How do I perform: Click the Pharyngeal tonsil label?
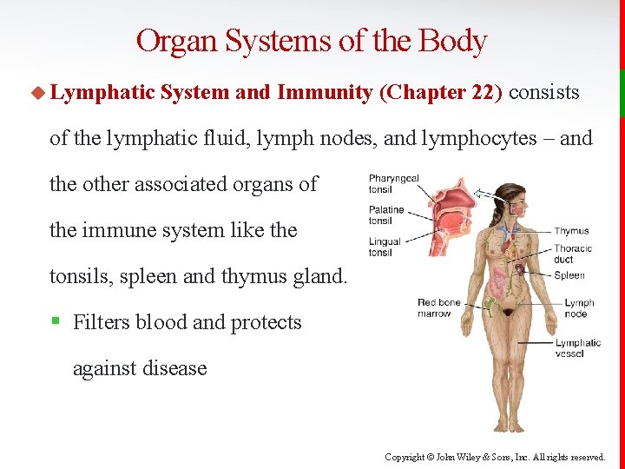click(393, 183)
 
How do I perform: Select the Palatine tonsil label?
click(386, 215)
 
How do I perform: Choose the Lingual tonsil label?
click(385, 247)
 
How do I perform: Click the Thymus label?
click(571, 231)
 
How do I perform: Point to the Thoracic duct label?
click(573, 254)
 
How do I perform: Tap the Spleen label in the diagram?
click(569, 275)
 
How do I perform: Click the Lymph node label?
click(578, 308)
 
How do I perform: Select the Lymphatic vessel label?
click(578, 347)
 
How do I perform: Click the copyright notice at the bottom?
click(495, 457)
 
